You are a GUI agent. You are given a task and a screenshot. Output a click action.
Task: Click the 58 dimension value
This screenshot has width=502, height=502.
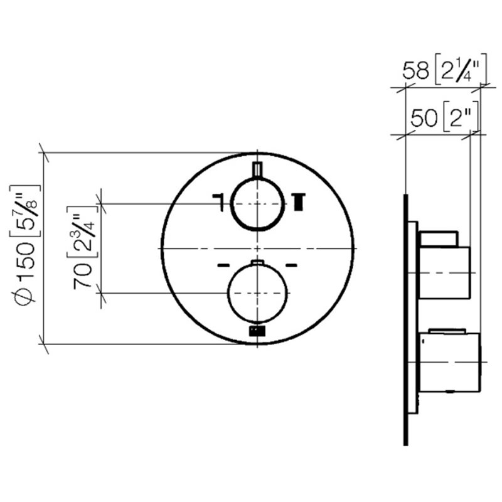415,70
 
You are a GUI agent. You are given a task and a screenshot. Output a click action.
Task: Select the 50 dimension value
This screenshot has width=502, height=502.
424,118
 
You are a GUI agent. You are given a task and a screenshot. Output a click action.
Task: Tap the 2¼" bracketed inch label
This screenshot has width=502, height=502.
461,69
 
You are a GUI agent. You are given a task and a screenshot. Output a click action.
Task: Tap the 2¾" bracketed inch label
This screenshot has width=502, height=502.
82,232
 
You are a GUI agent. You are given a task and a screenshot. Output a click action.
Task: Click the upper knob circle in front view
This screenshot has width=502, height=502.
230,204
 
